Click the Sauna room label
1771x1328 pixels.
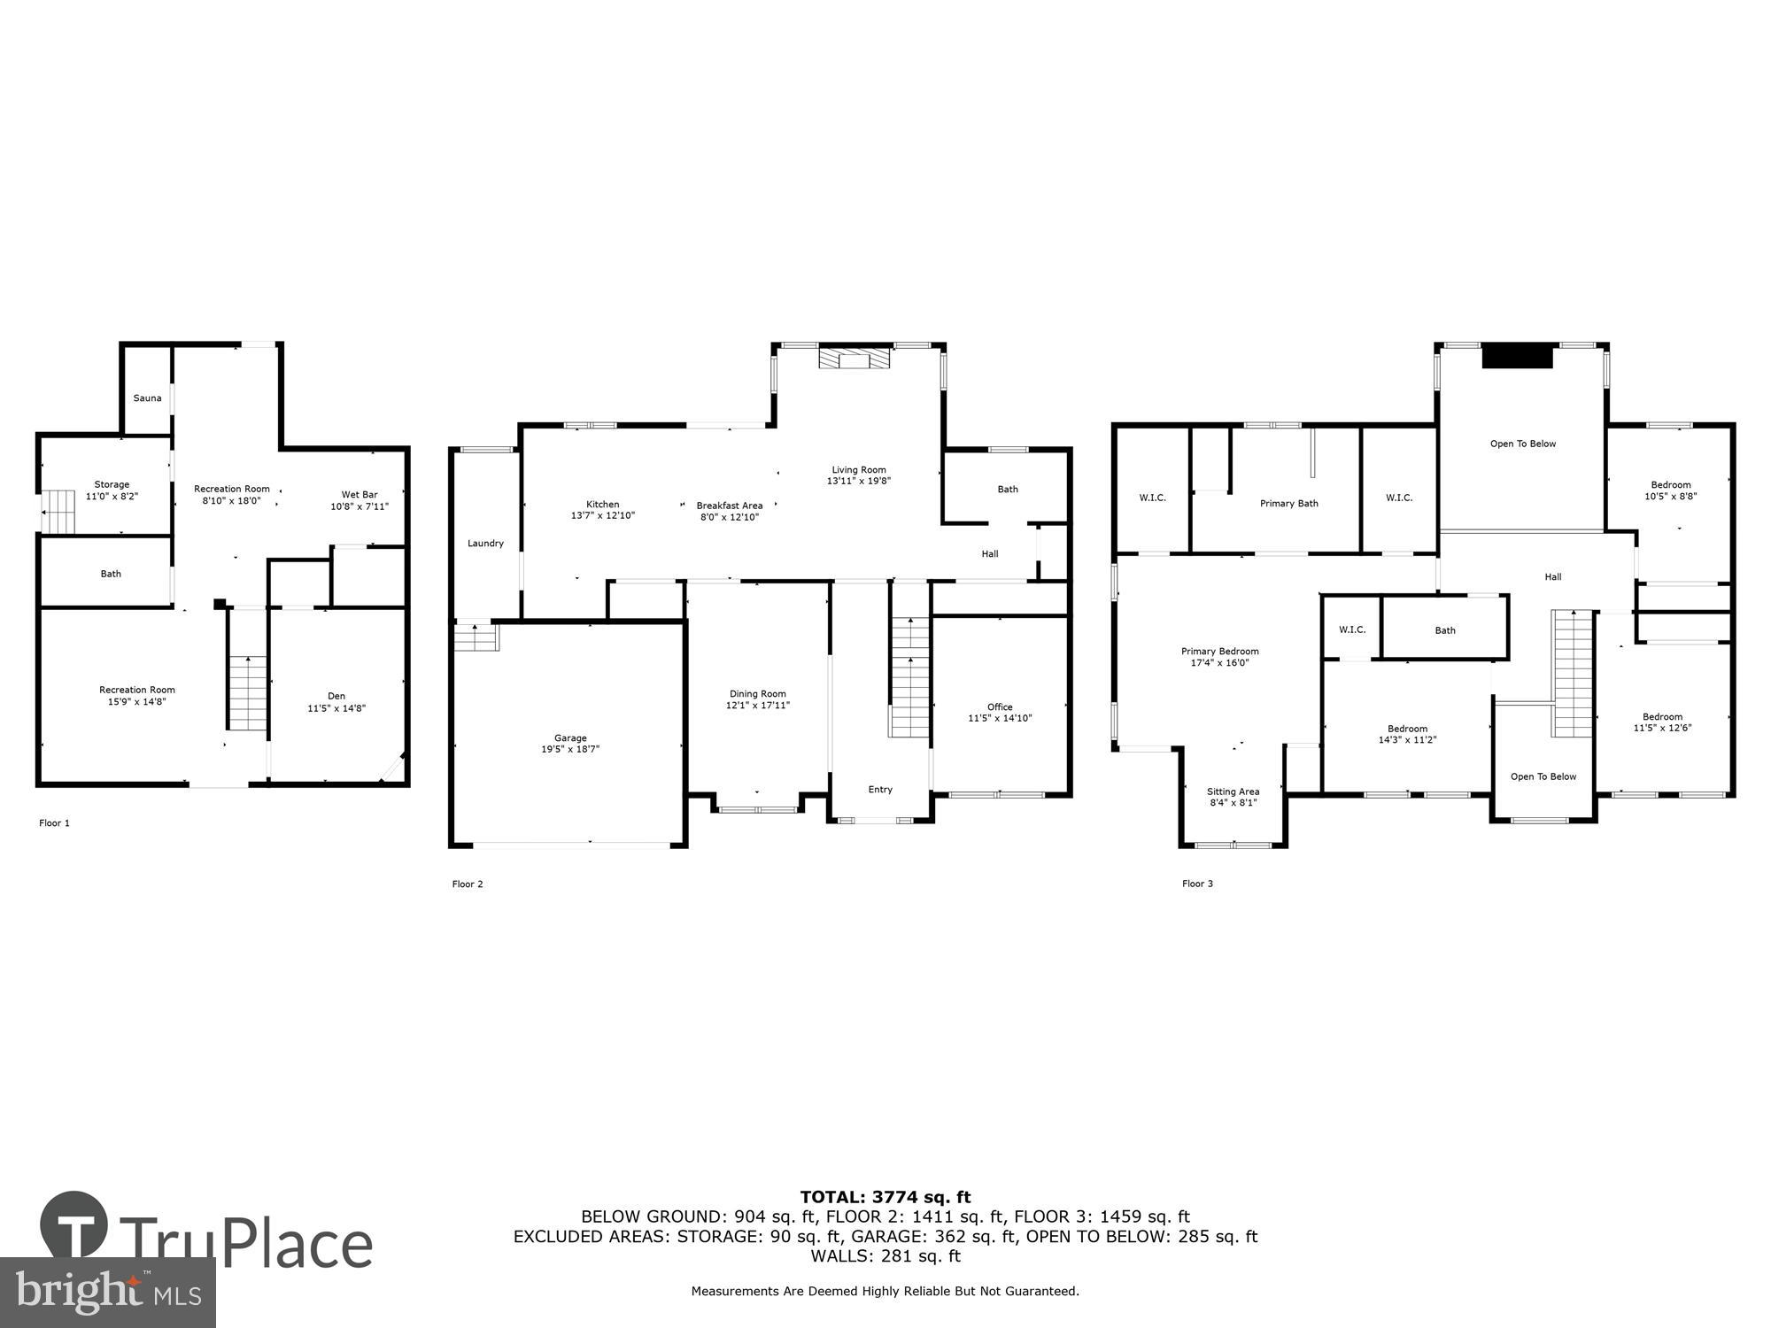(x=147, y=398)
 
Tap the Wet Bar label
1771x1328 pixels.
(x=360, y=495)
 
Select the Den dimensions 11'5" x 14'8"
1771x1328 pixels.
(x=336, y=708)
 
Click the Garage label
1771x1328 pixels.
(x=570, y=738)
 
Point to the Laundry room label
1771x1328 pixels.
(x=485, y=544)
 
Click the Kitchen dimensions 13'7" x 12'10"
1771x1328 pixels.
(x=602, y=515)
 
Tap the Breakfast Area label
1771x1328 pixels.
(x=729, y=506)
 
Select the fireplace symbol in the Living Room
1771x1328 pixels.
(x=855, y=359)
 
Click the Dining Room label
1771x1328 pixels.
(x=757, y=694)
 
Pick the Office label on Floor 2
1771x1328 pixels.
(x=1000, y=706)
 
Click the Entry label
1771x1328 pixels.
(x=880, y=790)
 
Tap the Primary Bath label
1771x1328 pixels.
(x=1288, y=504)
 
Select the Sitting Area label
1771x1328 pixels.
(x=1233, y=792)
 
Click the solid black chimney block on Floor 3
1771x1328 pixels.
(x=1518, y=356)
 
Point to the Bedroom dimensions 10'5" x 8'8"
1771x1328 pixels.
(x=1671, y=497)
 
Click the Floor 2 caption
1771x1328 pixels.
(x=468, y=884)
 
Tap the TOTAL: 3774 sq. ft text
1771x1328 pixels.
(x=885, y=1198)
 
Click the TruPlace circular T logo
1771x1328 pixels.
(x=74, y=1226)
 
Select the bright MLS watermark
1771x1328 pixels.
(x=107, y=1293)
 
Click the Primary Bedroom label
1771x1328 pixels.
(x=1219, y=652)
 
